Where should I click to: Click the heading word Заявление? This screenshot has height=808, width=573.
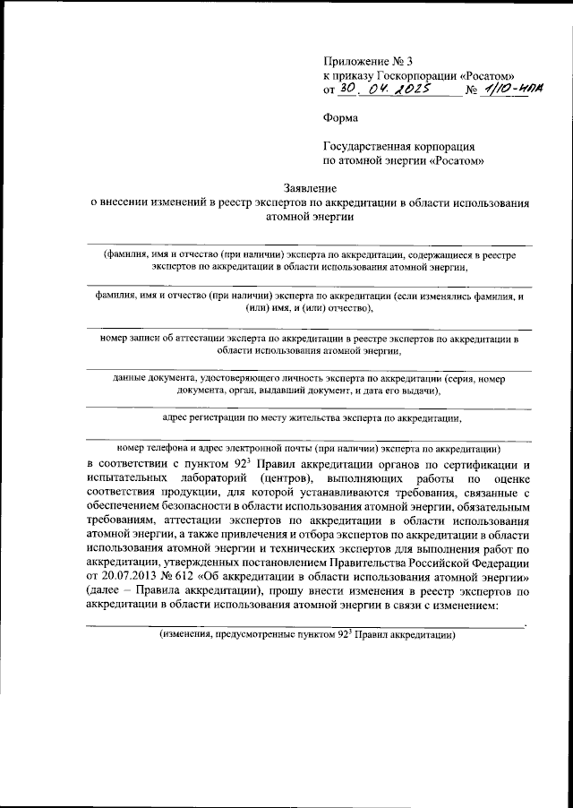coord(309,189)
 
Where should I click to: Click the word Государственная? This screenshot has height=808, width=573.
coord(369,146)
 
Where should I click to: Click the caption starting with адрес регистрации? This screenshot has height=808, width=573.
coord(312,417)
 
